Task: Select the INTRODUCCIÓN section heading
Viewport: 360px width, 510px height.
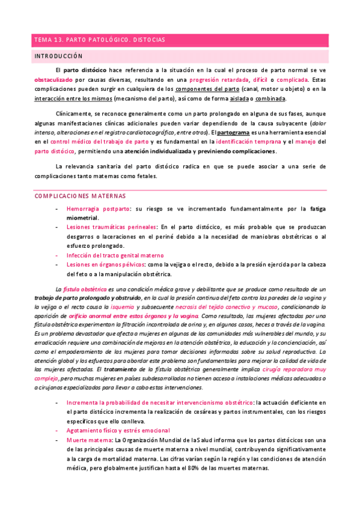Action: [57, 56]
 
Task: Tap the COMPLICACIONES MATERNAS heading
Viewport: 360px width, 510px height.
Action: [80, 196]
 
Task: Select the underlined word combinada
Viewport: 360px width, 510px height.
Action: [269, 99]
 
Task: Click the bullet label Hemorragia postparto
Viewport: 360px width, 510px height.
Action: [98, 208]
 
